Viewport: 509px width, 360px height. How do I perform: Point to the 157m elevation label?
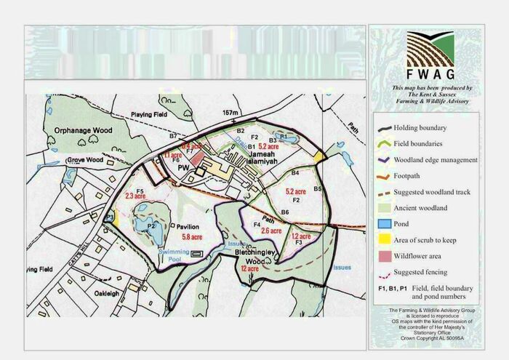tap(231, 113)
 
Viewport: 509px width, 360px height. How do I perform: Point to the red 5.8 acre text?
tap(193, 238)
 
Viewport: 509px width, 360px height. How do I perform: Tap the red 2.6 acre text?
tap(270, 231)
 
